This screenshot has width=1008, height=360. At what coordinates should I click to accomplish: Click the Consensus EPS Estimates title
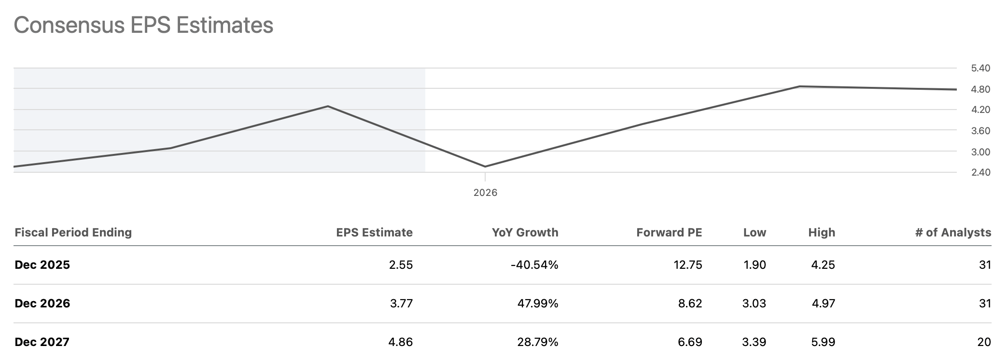point(143,25)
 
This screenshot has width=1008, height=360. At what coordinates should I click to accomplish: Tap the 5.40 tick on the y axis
point(980,69)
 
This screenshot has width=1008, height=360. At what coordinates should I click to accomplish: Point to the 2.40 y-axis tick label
point(980,172)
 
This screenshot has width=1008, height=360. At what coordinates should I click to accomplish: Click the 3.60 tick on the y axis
point(980,131)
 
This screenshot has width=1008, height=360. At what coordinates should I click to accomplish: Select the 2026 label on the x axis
point(485,193)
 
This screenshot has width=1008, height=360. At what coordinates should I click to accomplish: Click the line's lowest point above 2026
point(485,166)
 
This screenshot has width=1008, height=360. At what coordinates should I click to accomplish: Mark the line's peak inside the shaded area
point(328,106)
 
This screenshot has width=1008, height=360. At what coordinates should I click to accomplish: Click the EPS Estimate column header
point(374,233)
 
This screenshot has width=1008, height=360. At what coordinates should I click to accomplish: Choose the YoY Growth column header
point(525,233)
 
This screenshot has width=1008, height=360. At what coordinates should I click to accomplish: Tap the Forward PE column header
point(669,233)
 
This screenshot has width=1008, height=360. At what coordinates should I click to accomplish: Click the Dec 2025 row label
point(42,265)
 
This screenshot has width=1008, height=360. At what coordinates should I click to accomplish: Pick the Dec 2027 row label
point(42,342)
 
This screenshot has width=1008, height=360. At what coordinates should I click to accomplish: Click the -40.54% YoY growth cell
point(534,265)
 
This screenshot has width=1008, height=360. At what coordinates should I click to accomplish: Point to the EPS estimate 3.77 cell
point(401,304)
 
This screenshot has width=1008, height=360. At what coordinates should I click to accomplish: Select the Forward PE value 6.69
point(690,342)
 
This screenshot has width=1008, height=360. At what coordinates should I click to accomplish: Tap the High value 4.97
point(823,304)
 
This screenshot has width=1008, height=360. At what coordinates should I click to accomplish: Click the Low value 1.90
point(754,265)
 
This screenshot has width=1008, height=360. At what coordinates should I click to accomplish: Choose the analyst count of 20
point(984,342)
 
